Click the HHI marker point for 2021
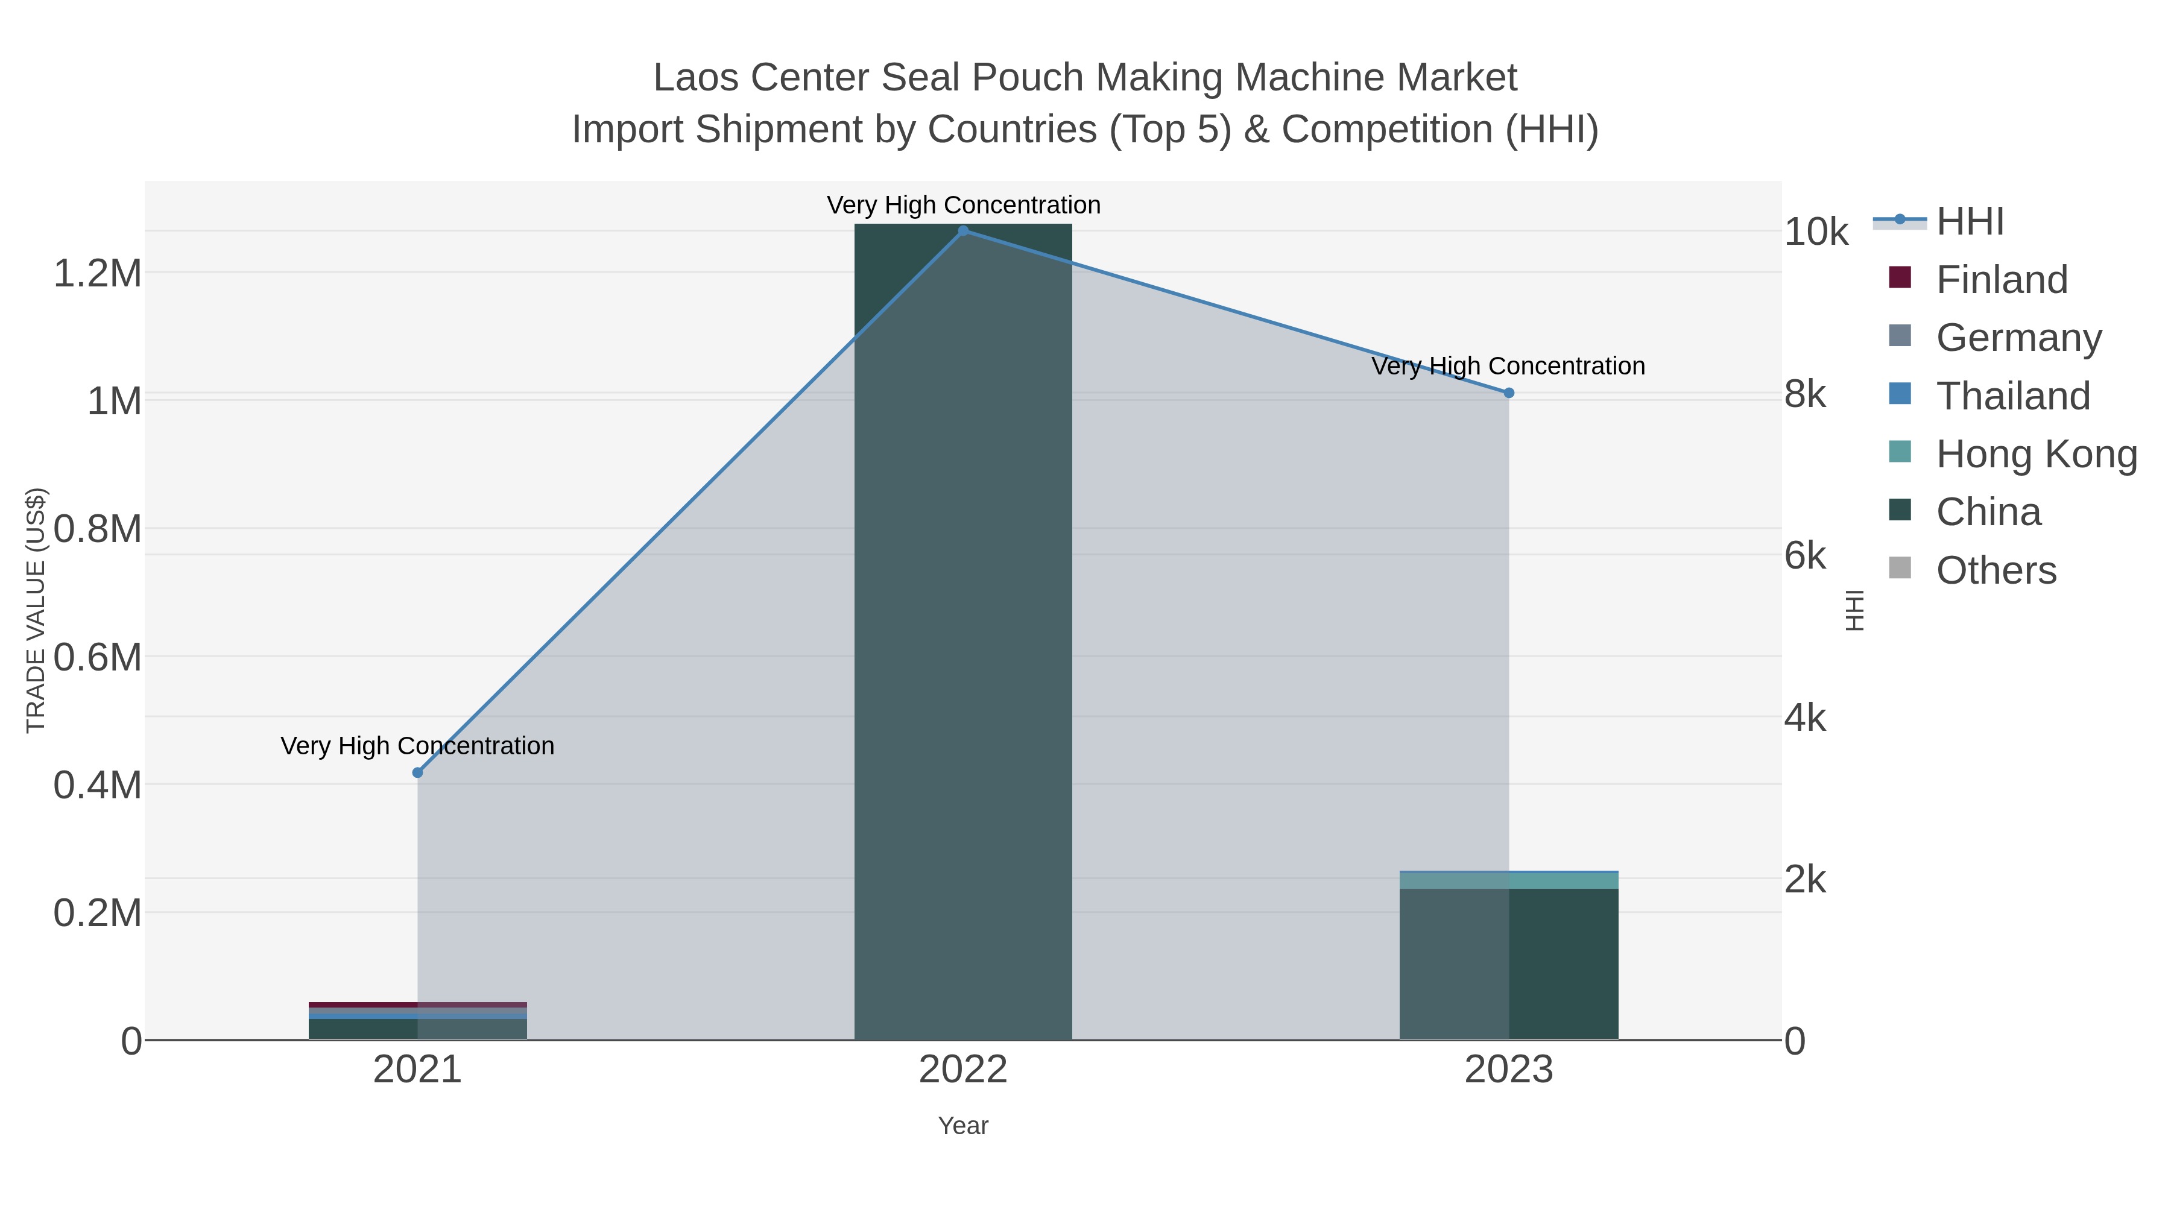pyautogui.click(x=417, y=773)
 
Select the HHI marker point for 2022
pyautogui.click(x=963, y=231)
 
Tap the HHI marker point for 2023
pyautogui.click(x=1509, y=393)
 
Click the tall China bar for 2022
pyautogui.click(x=963, y=632)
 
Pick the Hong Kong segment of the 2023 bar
pyautogui.click(x=1509, y=880)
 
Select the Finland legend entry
pyautogui.click(x=2002, y=280)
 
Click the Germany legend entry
pyautogui.click(x=2018, y=338)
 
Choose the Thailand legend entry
pyautogui.click(x=2012, y=396)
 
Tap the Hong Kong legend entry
pyautogui.click(x=2035, y=454)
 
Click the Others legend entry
pyautogui.click(x=1996, y=570)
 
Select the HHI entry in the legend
pyautogui.click(x=1970, y=222)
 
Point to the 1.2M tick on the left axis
pyautogui.click(x=97, y=273)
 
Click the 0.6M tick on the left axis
pyautogui.click(x=97, y=657)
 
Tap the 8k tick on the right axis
pyautogui.click(x=1805, y=394)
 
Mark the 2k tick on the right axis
pyautogui.click(x=1805, y=880)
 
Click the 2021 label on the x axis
pyautogui.click(x=417, y=1070)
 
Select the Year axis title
pyautogui.click(x=963, y=1126)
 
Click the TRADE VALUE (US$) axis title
pyautogui.click(x=36, y=610)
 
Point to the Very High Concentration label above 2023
pyautogui.click(x=1509, y=367)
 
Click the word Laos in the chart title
pyautogui.click(x=696, y=78)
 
